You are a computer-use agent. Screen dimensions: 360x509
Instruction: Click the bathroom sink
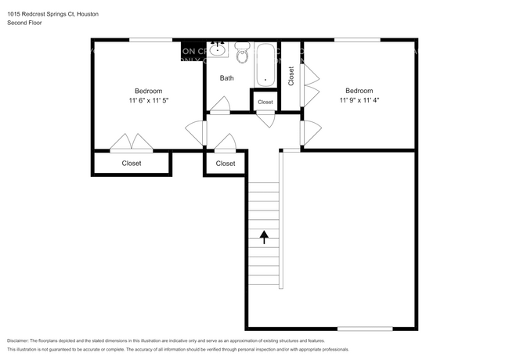(217, 51)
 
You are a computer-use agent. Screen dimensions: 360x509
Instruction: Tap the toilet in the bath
(242, 55)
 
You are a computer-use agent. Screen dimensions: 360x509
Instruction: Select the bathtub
(265, 66)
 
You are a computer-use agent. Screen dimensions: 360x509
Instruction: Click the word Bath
(226, 78)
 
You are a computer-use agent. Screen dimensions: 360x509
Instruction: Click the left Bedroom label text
(149, 90)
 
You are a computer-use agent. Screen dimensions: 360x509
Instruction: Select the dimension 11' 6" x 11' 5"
(149, 100)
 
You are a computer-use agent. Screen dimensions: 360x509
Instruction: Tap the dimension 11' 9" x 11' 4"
(359, 100)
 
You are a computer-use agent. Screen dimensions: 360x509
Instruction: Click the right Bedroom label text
(359, 90)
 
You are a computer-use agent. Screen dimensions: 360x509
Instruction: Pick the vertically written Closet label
(291, 76)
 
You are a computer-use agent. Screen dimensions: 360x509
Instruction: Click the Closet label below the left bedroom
(132, 164)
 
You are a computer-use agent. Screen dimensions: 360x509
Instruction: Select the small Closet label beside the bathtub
(265, 102)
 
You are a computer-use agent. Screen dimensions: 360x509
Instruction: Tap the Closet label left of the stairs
(226, 164)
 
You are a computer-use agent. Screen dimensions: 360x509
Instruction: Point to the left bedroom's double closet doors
(130, 142)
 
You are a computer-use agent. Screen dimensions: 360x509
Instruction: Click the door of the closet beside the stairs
(226, 142)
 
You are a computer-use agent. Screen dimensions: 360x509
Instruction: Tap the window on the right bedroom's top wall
(357, 40)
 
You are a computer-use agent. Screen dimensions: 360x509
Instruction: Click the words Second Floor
(25, 23)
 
